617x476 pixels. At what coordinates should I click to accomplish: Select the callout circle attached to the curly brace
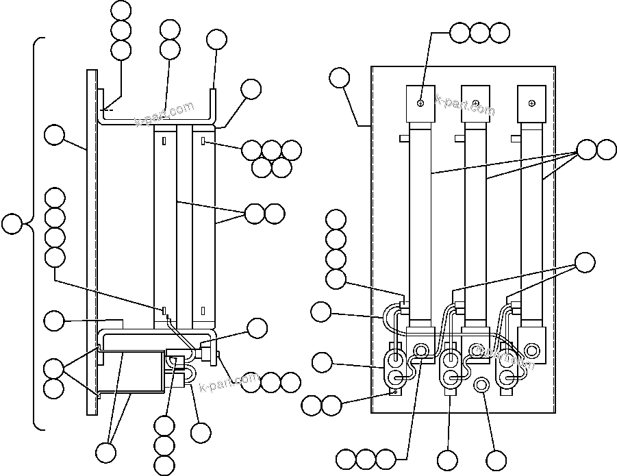tap(12, 224)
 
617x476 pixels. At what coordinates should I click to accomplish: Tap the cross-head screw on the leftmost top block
tap(420, 102)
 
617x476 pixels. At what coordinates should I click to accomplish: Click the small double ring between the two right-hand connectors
tap(481, 385)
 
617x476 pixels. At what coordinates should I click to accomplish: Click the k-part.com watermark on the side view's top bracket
tap(164, 114)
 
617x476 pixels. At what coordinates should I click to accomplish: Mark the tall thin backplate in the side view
tap(91, 240)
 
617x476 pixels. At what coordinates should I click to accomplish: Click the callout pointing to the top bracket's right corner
tap(251, 88)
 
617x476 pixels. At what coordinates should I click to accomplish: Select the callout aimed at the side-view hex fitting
tap(257, 328)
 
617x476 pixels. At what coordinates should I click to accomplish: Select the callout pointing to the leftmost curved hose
tap(320, 312)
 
